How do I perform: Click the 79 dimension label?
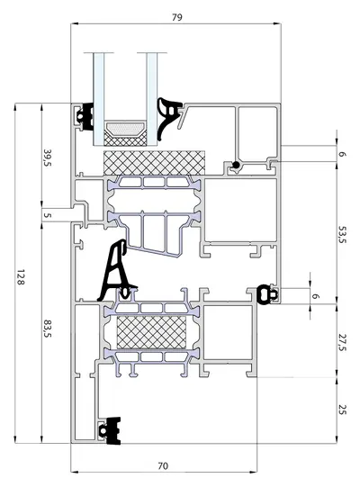click(177, 17)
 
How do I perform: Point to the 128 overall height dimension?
click(21, 277)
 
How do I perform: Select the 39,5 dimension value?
click(48, 158)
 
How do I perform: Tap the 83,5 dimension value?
click(48, 329)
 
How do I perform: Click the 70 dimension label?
click(163, 466)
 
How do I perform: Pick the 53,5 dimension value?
click(342, 235)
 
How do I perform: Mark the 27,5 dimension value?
click(342, 343)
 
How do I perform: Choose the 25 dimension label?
click(342, 410)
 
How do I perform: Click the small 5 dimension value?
click(47, 215)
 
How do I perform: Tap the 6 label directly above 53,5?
click(342, 154)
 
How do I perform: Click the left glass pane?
click(99, 99)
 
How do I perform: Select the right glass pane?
click(152, 99)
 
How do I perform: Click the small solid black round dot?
click(237, 165)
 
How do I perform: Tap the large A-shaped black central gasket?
click(116, 270)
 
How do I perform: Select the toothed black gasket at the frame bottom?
click(111, 431)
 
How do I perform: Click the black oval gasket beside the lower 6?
click(266, 294)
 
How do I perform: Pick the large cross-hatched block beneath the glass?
click(155, 163)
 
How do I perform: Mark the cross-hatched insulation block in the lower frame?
click(151, 332)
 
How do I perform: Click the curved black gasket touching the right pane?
click(167, 118)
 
